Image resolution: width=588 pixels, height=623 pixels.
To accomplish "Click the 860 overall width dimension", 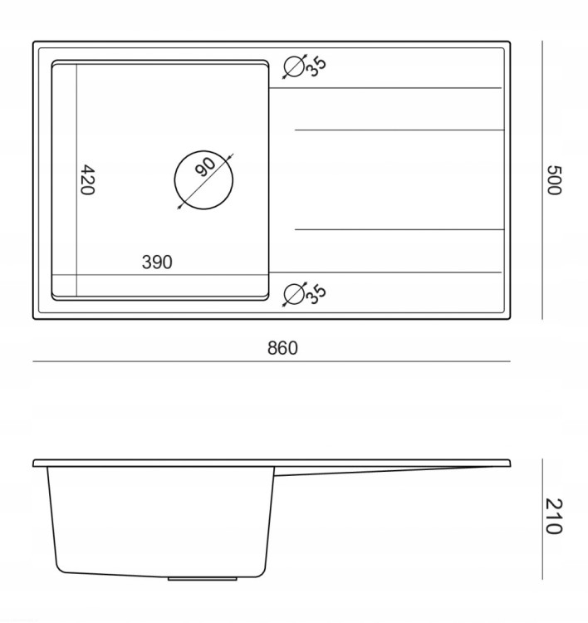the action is [x=282, y=348].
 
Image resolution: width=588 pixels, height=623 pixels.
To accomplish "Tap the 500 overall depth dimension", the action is [x=554, y=180].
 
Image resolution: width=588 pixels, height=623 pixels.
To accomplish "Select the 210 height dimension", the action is [x=554, y=516].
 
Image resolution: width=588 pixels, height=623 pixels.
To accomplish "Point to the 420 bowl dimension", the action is [x=87, y=180].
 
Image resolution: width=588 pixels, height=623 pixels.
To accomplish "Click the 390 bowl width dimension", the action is [x=157, y=262].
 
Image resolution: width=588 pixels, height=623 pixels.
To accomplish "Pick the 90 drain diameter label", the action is [x=205, y=167].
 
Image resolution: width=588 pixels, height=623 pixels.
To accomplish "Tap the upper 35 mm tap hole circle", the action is [x=285, y=66].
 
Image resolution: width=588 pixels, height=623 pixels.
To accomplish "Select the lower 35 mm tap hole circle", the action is [x=285, y=294].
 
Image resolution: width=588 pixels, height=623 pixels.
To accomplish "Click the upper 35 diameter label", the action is [x=316, y=66].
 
